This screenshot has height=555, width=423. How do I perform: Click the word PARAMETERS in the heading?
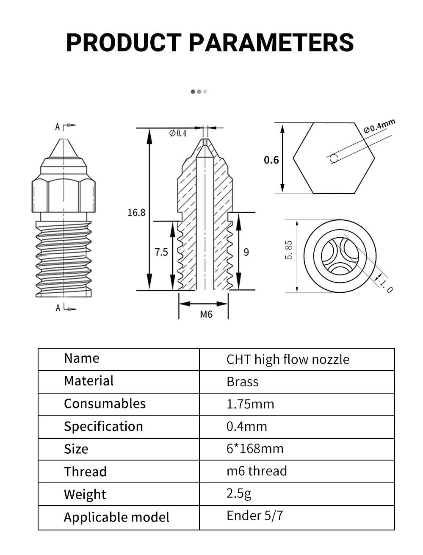pyautogui.click(x=271, y=42)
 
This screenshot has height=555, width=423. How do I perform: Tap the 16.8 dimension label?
pyautogui.click(x=136, y=213)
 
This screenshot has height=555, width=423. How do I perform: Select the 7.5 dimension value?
pyautogui.click(x=161, y=252)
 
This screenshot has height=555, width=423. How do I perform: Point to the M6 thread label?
pyautogui.click(x=206, y=314)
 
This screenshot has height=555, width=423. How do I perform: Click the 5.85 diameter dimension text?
pyautogui.click(x=289, y=250)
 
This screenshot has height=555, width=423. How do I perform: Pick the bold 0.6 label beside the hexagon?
pyautogui.click(x=271, y=160)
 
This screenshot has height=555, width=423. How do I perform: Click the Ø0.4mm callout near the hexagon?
pyautogui.click(x=379, y=126)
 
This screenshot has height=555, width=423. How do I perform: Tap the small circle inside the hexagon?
pyautogui.click(x=334, y=158)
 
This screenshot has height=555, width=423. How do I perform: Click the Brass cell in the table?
pyautogui.click(x=242, y=382)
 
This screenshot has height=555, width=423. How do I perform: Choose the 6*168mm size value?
pyautogui.click(x=255, y=448)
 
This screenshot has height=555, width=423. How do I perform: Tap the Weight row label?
pyautogui.click(x=85, y=494)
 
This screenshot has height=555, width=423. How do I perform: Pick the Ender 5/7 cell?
pyautogui.click(x=254, y=515)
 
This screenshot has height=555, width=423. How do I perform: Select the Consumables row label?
pyautogui.click(x=105, y=403)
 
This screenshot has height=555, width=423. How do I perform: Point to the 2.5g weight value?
pyautogui.click(x=239, y=493)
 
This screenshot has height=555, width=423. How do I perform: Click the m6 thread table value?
pyautogui.click(x=257, y=471)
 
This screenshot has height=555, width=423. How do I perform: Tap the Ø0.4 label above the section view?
pyautogui.click(x=178, y=133)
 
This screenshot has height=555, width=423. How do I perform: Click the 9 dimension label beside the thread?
pyautogui.click(x=246, y=252)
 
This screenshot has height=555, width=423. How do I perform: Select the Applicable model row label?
pyautogui.click(x=116, y=517)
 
